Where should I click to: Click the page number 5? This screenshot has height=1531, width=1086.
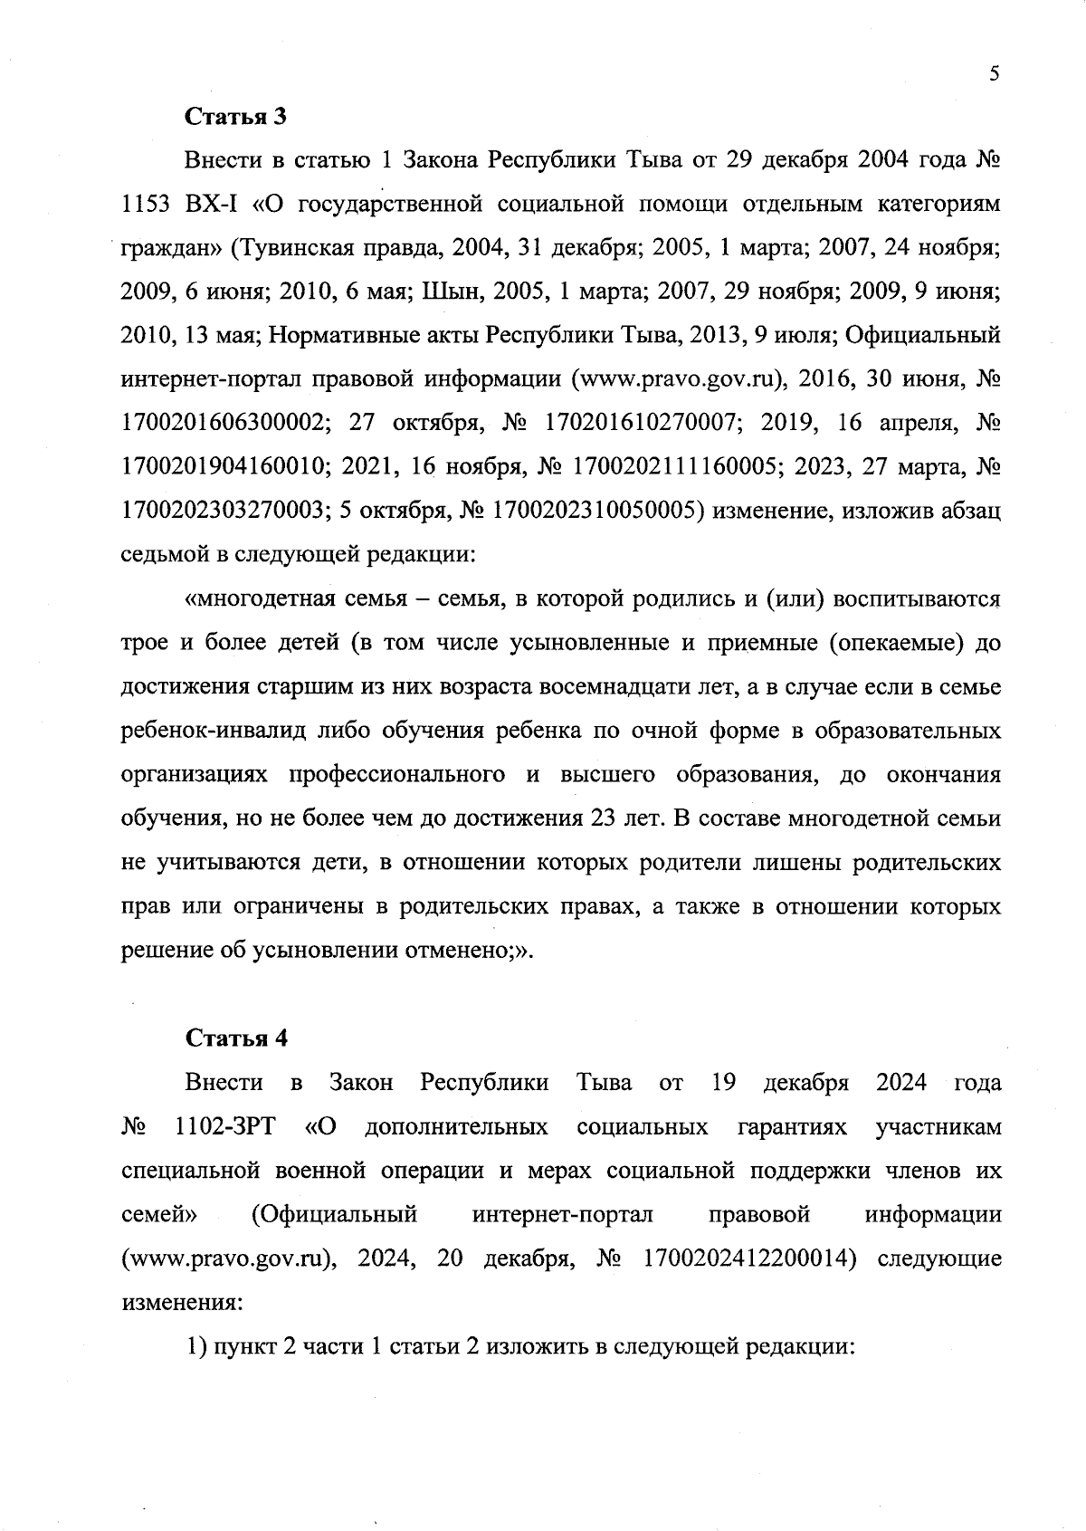point(994,74)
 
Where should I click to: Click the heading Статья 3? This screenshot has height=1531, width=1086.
point(236,117)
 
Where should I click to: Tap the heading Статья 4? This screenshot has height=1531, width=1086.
point(236,1038)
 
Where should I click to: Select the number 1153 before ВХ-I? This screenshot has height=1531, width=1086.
point(146,205)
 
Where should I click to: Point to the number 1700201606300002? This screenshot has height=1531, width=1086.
point(224,424)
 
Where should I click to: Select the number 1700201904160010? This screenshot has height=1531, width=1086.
point(224,467)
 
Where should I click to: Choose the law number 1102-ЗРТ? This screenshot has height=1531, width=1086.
point(225,1127)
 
